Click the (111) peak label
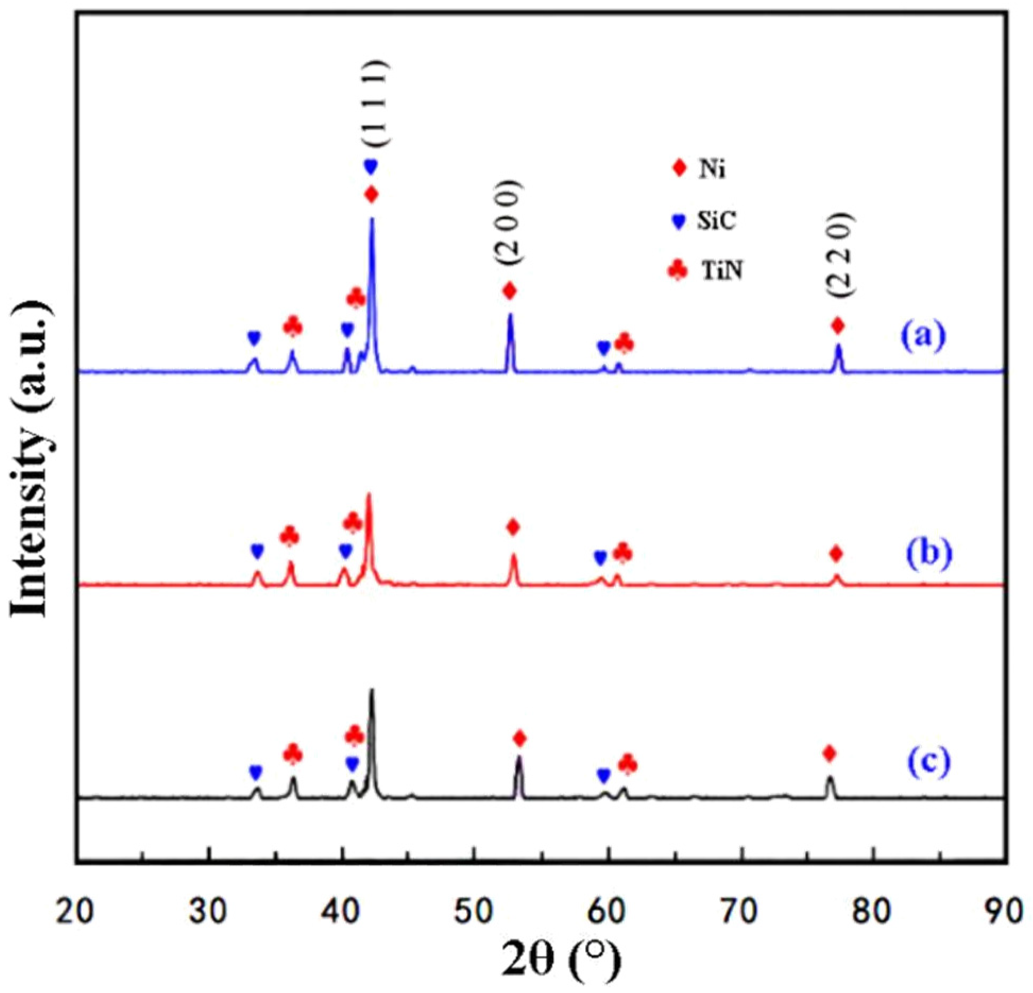pyautogui.click(x=375, y=103)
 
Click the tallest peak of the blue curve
pyautogui.click(x=372, y=219)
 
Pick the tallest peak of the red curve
pyautogui.click(x=369, y=495)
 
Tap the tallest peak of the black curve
pyautogui.click(x=371, y=690)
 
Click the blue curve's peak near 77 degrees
pyautogui.click(x=839, y=346)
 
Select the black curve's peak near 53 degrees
pyautogui.click(x=519, y=756)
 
